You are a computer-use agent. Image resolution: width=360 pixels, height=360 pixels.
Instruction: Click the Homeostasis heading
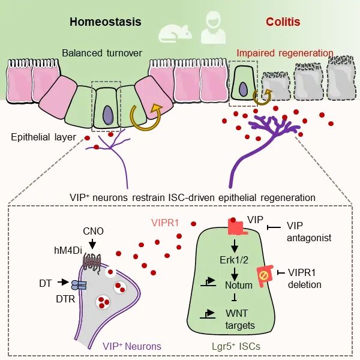pyautogui.click(x=105, y=22)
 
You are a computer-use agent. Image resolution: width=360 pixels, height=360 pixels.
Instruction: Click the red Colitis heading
pyautogui.click(x=283, y=22)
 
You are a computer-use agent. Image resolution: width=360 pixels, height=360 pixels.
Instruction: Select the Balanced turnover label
pyautogui.click(x=102, y=53)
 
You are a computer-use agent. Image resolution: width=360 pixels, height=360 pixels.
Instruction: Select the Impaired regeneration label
pyautogui.click(x=284, y=53)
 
